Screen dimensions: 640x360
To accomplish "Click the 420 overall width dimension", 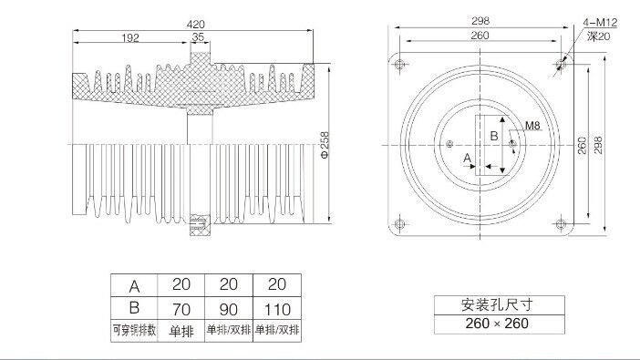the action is pos(195,25).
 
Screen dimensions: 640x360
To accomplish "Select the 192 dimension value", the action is pos(130,38).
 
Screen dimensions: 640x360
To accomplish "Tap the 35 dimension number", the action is pos(198,37).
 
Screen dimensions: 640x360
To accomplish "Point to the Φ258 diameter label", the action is pos(325,145).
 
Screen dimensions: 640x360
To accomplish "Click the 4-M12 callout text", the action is pos(600,22).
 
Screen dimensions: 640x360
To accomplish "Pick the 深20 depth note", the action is pos(598,36).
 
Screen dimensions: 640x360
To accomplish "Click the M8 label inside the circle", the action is pos(532,125).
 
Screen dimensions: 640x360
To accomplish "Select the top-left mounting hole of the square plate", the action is pos(399,64).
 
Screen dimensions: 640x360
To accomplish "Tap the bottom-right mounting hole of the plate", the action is pos(562,224).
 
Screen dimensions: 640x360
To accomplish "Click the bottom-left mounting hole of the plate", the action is pos(399,224).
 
